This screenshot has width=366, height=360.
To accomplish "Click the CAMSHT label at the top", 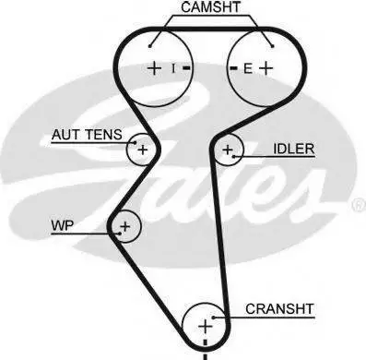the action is [x=210, y=7].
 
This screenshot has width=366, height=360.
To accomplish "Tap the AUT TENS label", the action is [x=87, y=135].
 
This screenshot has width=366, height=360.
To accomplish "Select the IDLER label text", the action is [x=294, y=149].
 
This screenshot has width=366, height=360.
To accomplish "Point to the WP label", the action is [x=63, y=225].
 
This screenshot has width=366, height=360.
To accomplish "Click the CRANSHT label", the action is [x=279, y=309].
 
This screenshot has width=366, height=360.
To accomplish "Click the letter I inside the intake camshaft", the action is [x=173, y=68].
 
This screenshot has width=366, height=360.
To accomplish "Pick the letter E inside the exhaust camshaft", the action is [x=248, y=68].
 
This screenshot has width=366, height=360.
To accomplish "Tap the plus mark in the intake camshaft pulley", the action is [x=155, y=68].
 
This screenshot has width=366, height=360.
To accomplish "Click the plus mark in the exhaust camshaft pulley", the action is [x=266, y=68].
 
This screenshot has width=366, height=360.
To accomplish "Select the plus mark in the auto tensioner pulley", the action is [x=143, y=150].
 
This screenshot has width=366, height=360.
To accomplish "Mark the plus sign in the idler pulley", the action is [x=228, y=150].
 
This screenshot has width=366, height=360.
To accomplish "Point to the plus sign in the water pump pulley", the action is [x=125, y=226].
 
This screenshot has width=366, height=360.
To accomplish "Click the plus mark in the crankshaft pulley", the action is [x=206, y=326].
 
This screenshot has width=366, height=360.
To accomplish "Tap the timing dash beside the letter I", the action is [x=186, y=68].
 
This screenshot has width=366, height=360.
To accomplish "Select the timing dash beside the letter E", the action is [x=233, y=68].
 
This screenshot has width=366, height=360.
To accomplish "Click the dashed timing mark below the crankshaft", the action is [x=205, y=350].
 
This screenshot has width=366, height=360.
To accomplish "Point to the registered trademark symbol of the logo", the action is [x=359, y=206].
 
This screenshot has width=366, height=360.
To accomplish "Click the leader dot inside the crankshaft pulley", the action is [x=213, y=318].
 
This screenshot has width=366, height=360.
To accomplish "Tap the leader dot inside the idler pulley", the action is [x=234, y=157].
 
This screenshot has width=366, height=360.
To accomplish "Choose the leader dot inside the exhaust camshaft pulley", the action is [x=273, y=46].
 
